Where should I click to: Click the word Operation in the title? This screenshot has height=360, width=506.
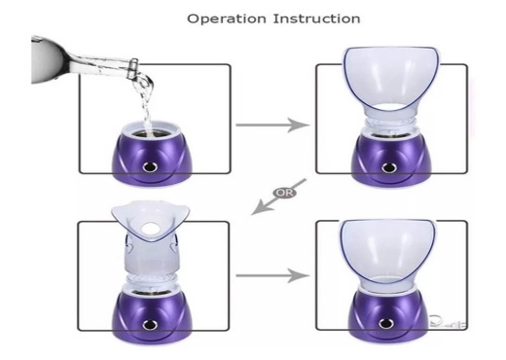pyautogui.click(x=227, y=18)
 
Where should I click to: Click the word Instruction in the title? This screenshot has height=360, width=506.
pyautogui.click(x=316, y=18)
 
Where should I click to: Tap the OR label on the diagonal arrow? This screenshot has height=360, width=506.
pyautogui.click(x=284, y=193)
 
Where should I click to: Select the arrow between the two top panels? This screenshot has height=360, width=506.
pyautogui.click(x=272, y=125)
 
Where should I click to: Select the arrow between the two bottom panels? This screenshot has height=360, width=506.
pyautogui.click(x=272, y=275)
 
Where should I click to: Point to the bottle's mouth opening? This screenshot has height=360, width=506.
pyautogui.click(x=134, y=66)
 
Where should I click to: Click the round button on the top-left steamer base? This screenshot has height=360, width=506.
pyautogui.click(x=150, y=166)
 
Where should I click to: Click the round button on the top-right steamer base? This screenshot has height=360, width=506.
pyautogui.click(x=387, y=167)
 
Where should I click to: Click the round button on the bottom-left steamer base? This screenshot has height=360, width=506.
pyautogui.click(x=150, y=323)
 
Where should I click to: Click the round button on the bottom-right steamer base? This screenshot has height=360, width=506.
pyautogui.click(x=385, y=323)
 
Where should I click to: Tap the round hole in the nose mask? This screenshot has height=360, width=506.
pyautogui.click(x=150, y=228)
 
